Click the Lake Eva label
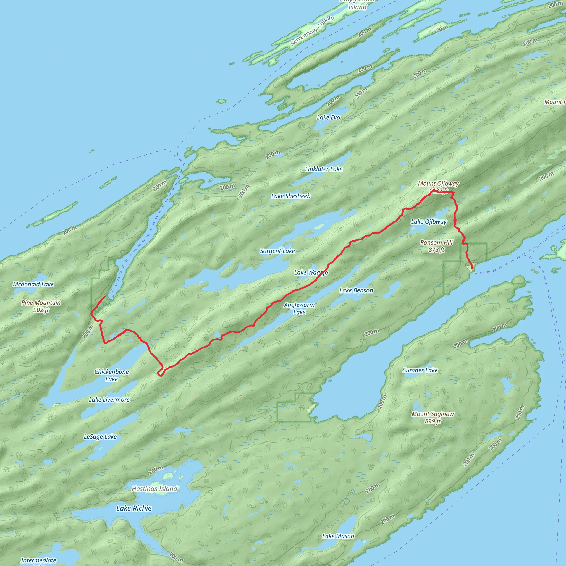tap(328, 117)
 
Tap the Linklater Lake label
tap(324, 169)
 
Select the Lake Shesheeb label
tap(291, 196)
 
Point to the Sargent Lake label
tap(277, 251)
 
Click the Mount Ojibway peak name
tap(438, 184)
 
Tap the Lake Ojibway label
tap(429, 222)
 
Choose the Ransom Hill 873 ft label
tap(436, 246)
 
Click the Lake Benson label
tap(356, 290)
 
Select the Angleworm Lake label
tap(299, 308)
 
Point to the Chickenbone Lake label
tap(111, 375)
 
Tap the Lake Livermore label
tap(109, 400)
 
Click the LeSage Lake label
tap(100, 437)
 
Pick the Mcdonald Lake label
tap(33, 284)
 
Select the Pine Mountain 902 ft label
tap(41, 306)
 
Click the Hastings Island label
tap(154, 489)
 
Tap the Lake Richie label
tap(134, 508)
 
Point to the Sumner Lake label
tap(420, 370)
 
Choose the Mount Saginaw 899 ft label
tap(433, 418)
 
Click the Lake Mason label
tap(338, 536)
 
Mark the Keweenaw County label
tap(312, 31)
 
